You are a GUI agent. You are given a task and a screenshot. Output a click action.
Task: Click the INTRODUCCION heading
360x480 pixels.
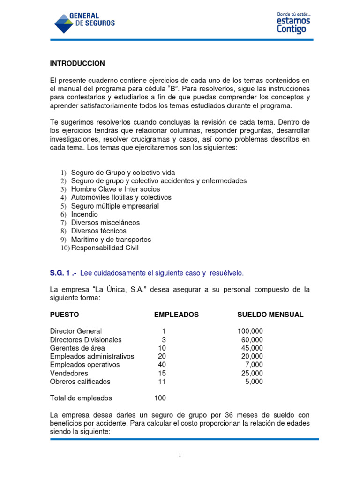77,63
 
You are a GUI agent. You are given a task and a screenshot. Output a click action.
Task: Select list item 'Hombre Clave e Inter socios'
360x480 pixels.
115,189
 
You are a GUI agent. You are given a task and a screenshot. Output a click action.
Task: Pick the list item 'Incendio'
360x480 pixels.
84,214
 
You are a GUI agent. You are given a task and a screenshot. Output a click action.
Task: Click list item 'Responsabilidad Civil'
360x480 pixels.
105,248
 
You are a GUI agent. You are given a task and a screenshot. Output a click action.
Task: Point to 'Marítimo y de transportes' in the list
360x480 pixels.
111,240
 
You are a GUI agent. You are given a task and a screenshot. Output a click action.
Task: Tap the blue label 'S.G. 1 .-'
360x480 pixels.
63,273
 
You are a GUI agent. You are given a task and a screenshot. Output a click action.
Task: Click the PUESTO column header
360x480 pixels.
65,315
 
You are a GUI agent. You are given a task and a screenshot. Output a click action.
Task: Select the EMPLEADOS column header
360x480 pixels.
176,315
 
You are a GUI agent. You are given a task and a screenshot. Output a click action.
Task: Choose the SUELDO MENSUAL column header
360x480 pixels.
270,315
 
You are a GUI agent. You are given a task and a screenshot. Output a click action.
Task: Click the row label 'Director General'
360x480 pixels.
76,331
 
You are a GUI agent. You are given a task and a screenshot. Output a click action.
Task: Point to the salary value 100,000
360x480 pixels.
250,331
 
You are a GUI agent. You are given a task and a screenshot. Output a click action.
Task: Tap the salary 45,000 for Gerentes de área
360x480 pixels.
252,348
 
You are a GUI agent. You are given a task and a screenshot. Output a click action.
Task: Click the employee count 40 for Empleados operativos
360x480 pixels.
162,365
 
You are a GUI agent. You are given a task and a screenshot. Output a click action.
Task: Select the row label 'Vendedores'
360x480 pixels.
69,373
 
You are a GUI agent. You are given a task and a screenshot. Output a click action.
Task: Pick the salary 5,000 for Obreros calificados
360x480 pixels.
254,382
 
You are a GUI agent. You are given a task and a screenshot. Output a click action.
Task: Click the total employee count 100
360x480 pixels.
160,398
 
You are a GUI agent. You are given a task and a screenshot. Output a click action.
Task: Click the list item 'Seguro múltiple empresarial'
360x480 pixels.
115,206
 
